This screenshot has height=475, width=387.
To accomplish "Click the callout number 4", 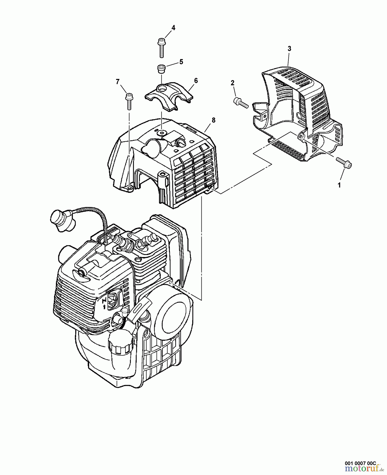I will tap(173, 28).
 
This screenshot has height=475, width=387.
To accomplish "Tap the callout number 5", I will tap(181, 62).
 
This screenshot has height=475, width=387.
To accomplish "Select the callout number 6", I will tap(196, 80).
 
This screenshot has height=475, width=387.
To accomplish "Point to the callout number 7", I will tap(118, 82).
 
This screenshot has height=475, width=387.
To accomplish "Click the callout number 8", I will tap(213, 120).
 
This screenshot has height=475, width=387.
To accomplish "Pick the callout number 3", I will tap(289, 49).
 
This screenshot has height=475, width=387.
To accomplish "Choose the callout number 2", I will tap(232, 83).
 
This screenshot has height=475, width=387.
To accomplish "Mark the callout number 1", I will tap(339, 185).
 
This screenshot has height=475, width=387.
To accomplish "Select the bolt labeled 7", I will tap(129, 101).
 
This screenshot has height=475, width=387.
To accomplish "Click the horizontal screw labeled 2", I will tap(240, 102).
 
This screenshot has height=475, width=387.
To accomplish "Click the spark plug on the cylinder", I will tap(146, 241).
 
